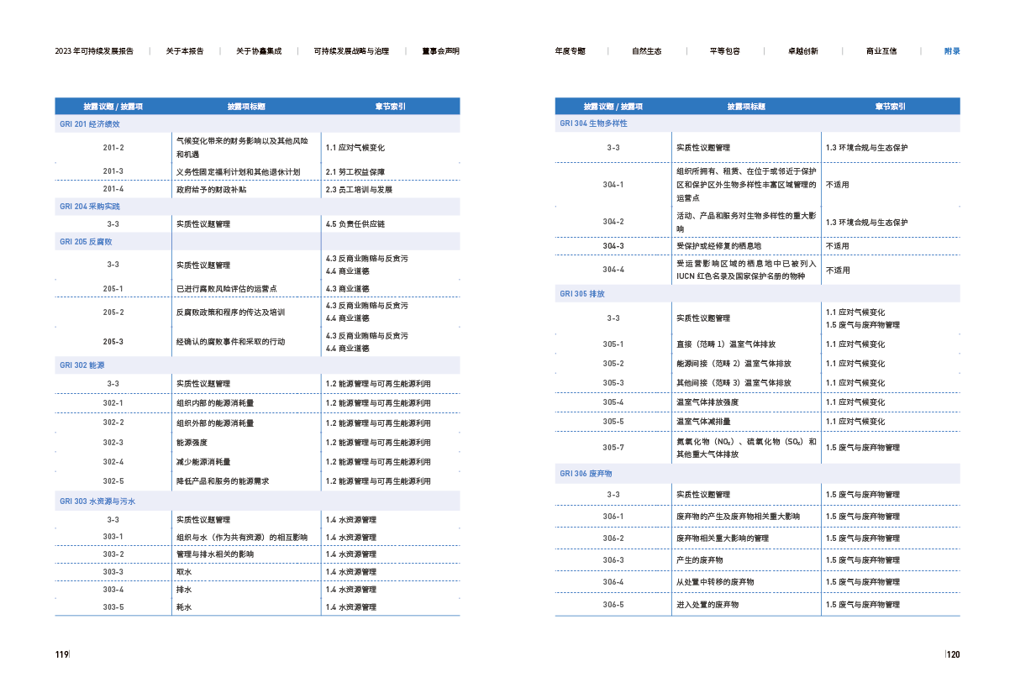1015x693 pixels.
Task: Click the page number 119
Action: [61, 654]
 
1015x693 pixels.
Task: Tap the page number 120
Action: [953, 654]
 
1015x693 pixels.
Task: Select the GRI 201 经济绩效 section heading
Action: [90, 124]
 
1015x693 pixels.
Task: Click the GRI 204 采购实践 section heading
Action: [90, 207]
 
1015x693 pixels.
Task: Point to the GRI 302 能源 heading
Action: [82, 365]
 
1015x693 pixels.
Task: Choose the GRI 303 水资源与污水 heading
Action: [97, 501]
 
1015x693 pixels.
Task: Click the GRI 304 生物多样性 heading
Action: [594, 123]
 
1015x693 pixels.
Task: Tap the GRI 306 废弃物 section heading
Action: [586, 474]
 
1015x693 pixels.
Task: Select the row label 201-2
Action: [113, 148]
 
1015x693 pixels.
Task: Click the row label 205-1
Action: [113, 289]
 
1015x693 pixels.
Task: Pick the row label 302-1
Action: [113, 403]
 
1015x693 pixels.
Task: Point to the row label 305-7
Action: [613, 448]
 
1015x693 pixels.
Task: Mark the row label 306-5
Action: [613, 605]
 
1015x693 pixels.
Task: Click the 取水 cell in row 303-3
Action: [184, 572]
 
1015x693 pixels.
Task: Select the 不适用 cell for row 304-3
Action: [837, 246]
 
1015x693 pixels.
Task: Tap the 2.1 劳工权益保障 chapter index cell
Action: [355, 172]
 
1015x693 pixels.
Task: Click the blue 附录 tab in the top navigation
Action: [952, 51]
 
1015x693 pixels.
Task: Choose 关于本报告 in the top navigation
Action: [185, 51]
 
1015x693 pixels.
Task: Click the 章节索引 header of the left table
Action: [390, 107]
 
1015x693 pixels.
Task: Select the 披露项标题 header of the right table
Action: [746, 107]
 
